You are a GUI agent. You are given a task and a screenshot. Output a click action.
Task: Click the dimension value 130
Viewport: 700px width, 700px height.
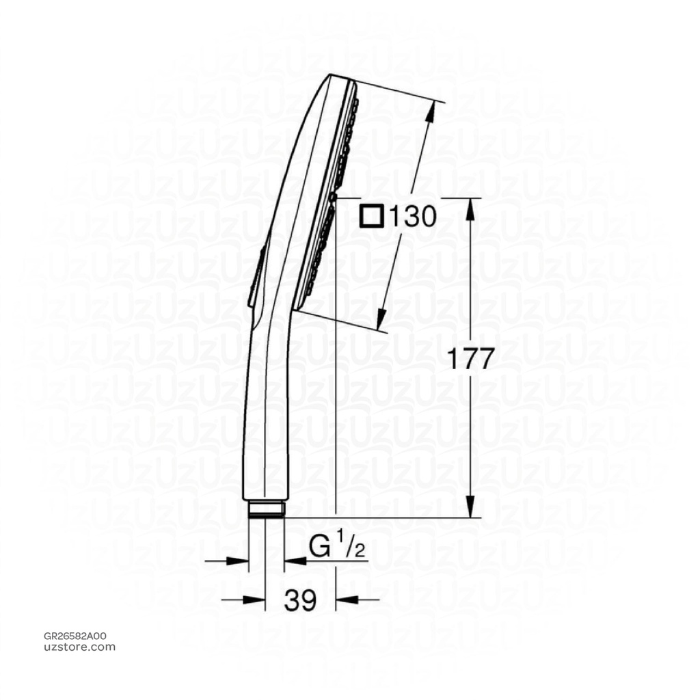412,217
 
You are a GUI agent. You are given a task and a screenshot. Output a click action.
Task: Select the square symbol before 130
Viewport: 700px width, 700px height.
373,217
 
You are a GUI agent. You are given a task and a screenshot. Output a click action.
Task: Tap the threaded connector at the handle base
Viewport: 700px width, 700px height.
265,509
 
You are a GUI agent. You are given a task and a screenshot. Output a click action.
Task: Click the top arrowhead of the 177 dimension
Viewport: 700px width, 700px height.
469,204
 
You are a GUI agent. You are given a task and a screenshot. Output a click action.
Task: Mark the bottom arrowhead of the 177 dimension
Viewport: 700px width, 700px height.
469,511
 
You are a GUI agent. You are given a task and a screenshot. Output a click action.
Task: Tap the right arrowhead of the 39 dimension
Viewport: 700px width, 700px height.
343,600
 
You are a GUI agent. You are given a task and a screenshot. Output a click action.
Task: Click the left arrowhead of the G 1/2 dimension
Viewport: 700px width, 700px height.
240,561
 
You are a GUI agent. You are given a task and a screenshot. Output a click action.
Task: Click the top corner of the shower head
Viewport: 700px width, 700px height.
332,75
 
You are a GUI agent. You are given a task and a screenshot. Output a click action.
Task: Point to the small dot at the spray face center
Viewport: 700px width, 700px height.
333,196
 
